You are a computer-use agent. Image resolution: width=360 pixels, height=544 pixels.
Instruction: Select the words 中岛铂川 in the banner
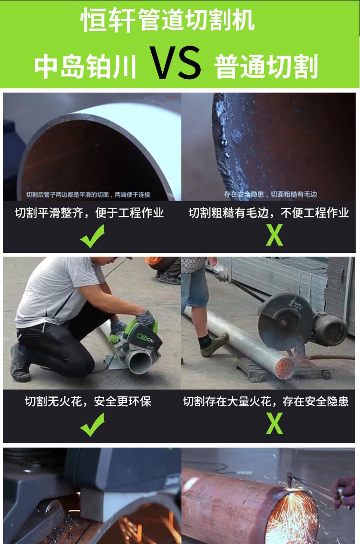(85, 67)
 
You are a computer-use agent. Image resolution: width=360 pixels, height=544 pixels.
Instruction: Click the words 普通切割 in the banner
(267, 67)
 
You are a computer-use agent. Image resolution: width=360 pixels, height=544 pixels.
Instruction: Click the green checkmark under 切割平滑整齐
(92, 237)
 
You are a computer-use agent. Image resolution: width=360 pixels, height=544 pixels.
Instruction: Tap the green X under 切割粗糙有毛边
(274, 236)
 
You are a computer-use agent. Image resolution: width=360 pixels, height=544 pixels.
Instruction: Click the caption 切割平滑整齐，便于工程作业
(89, 213)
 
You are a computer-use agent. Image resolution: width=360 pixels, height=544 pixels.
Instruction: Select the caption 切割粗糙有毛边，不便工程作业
(268, 213)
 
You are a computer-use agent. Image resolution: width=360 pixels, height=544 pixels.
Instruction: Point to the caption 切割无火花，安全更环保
(88, 401)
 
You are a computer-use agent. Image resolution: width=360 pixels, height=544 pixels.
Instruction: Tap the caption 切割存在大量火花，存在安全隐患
(265, 401)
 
